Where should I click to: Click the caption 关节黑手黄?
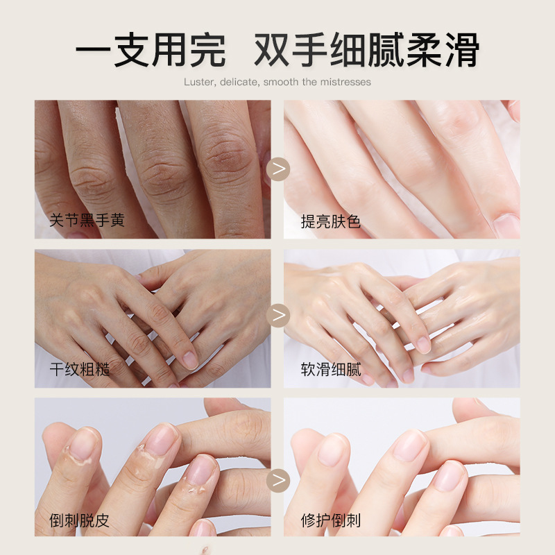click(87, 220)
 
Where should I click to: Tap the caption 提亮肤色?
click(331, 222)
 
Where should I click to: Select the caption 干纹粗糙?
click(80, 370)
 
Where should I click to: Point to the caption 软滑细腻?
click(331, 370)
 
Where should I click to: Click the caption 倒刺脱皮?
click(79, 520)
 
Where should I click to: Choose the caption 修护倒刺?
click(331, 520)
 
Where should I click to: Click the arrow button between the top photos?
click(278, 169)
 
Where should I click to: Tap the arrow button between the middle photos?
click(278, 315)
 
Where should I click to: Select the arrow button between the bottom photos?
click(278, 480)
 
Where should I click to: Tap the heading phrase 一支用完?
click(151, 49)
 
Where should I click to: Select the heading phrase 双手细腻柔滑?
click(367, 49)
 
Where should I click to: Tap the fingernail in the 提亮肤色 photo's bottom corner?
click(506, 225)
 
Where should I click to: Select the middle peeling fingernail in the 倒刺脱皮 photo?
click(162, 441)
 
